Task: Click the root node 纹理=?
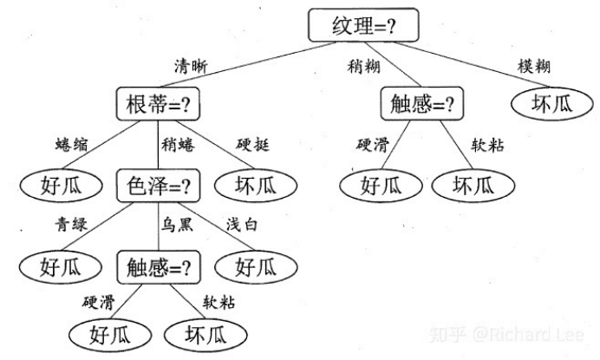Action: pyautogui.click(x=362, y=26)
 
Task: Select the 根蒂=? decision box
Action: pyautogui.click(x=158, y=105)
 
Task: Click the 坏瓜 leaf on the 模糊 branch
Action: pyautogui.click(x=551, y=105)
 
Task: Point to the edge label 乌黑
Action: pyautogui.click(x=177, y=224)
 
